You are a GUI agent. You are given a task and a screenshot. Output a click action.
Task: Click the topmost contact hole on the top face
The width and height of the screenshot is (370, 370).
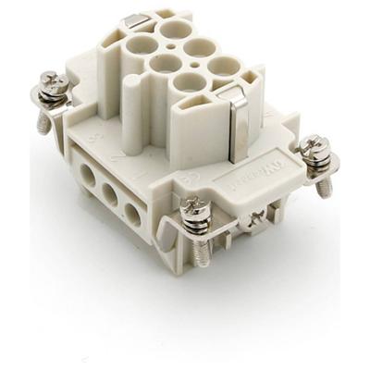172,29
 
